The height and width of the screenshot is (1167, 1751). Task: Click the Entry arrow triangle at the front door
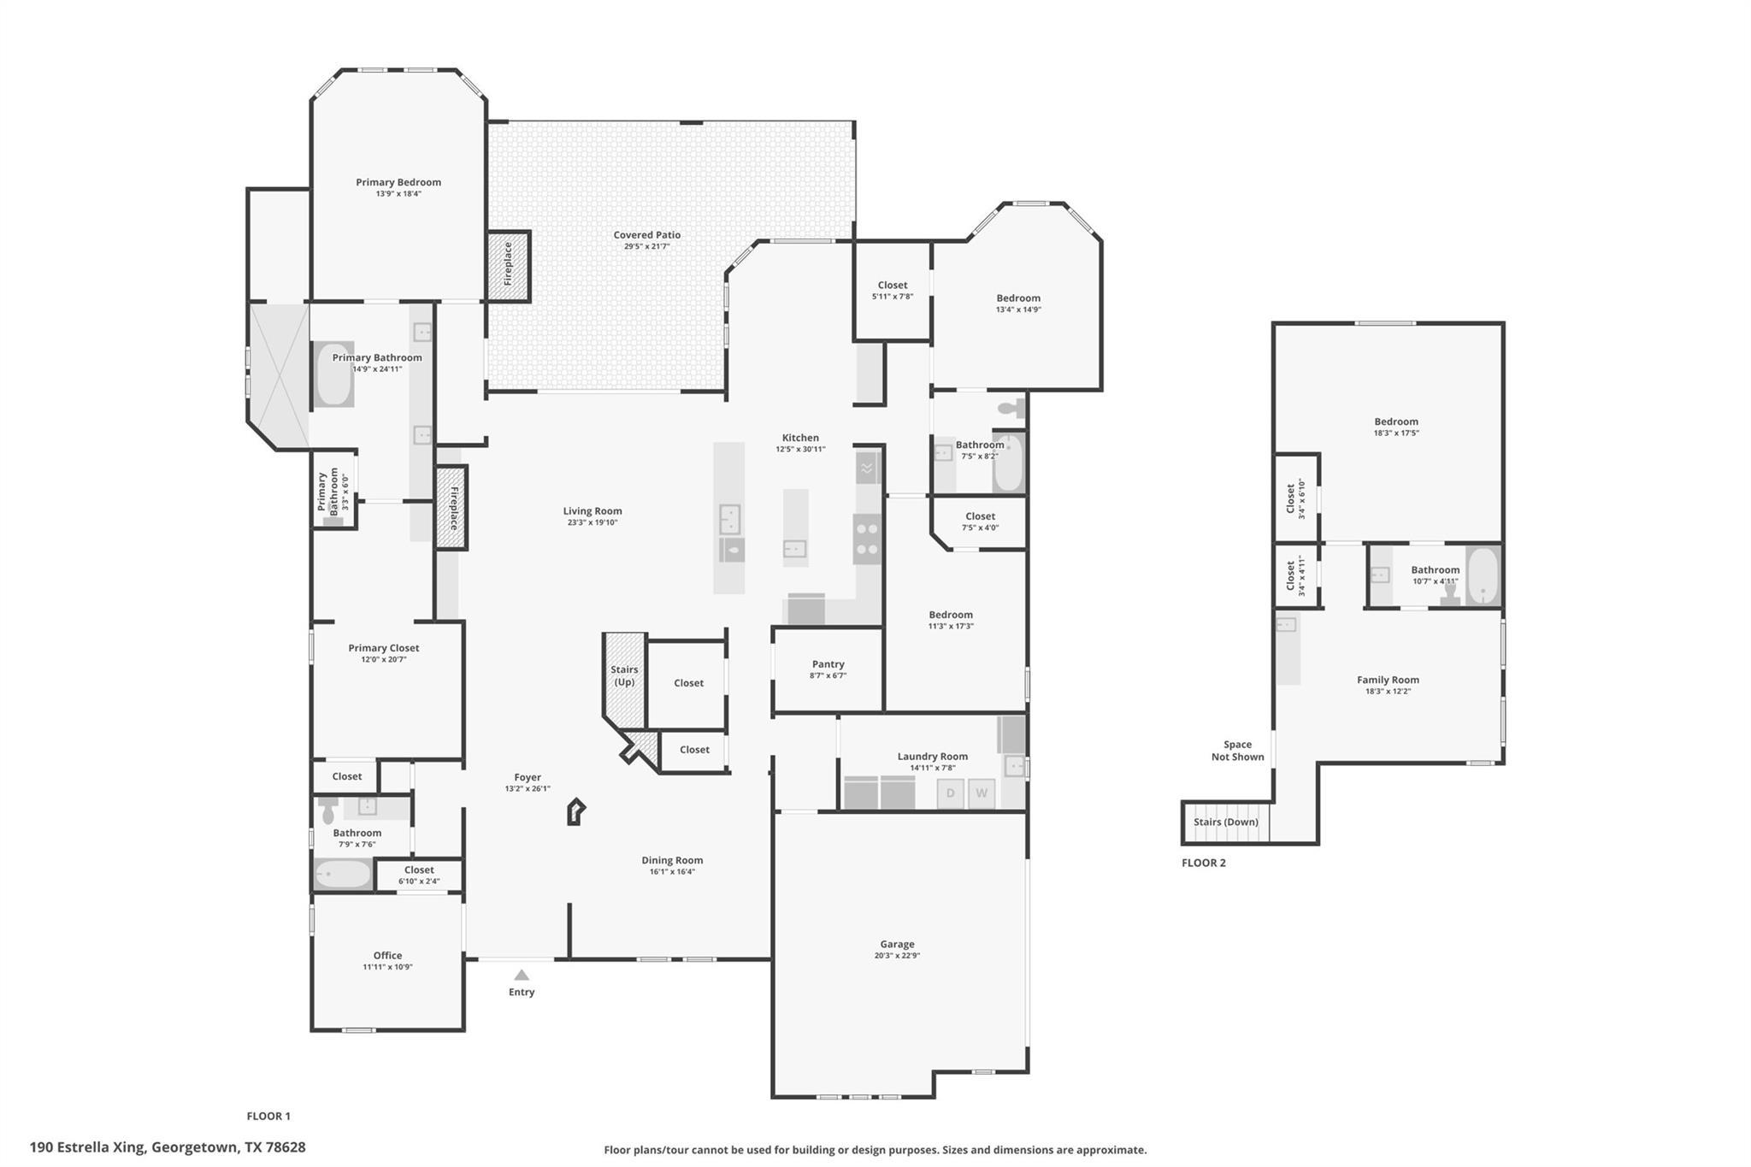point(522,975)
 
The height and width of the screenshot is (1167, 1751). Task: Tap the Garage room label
point(897,945)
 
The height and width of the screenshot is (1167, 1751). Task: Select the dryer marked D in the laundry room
point(950,793)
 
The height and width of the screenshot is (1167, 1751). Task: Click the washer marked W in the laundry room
point(982,793)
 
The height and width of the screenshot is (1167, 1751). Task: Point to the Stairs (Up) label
point(624,675)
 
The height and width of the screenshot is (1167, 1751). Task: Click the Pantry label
point(828,664)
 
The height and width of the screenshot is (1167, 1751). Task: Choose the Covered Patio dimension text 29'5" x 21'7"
point(646,247)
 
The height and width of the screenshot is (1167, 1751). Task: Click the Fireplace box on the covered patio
point(508,265)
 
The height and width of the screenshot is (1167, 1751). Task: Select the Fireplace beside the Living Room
point(452,508)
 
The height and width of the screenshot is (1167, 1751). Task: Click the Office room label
point(387,955)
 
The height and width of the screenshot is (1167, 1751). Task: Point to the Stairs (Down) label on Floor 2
point(1226,822)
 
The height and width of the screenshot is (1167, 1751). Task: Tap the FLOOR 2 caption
point(1204,863)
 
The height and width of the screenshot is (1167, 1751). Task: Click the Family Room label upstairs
point(1388,680)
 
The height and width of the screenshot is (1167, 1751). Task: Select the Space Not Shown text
point(1237,751)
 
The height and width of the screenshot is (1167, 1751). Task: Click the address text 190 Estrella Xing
point(168,1147)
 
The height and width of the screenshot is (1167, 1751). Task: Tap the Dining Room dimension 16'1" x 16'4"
point(672,872)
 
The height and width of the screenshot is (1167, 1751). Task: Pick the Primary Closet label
point(384,648)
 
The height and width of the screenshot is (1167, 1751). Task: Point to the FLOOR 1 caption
point(268,1116)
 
